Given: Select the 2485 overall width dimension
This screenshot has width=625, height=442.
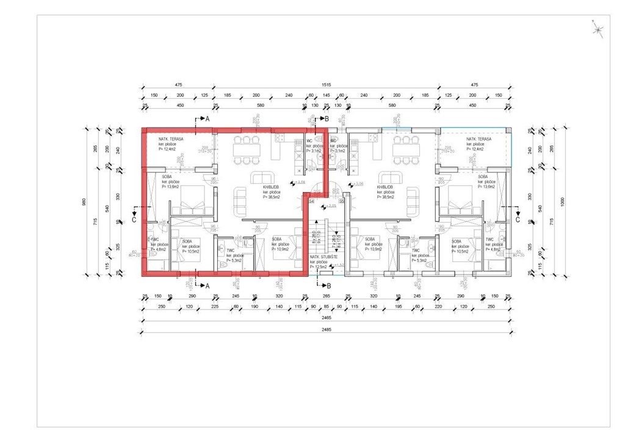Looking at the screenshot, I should click(325, 330).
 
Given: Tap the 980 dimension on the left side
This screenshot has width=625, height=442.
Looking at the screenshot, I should click(85, 201).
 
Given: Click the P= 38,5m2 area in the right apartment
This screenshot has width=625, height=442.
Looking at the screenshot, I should click(386, 197).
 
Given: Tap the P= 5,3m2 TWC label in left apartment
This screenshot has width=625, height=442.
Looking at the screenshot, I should click(235, 260).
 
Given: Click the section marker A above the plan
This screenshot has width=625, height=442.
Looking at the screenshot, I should click(207, 118).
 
